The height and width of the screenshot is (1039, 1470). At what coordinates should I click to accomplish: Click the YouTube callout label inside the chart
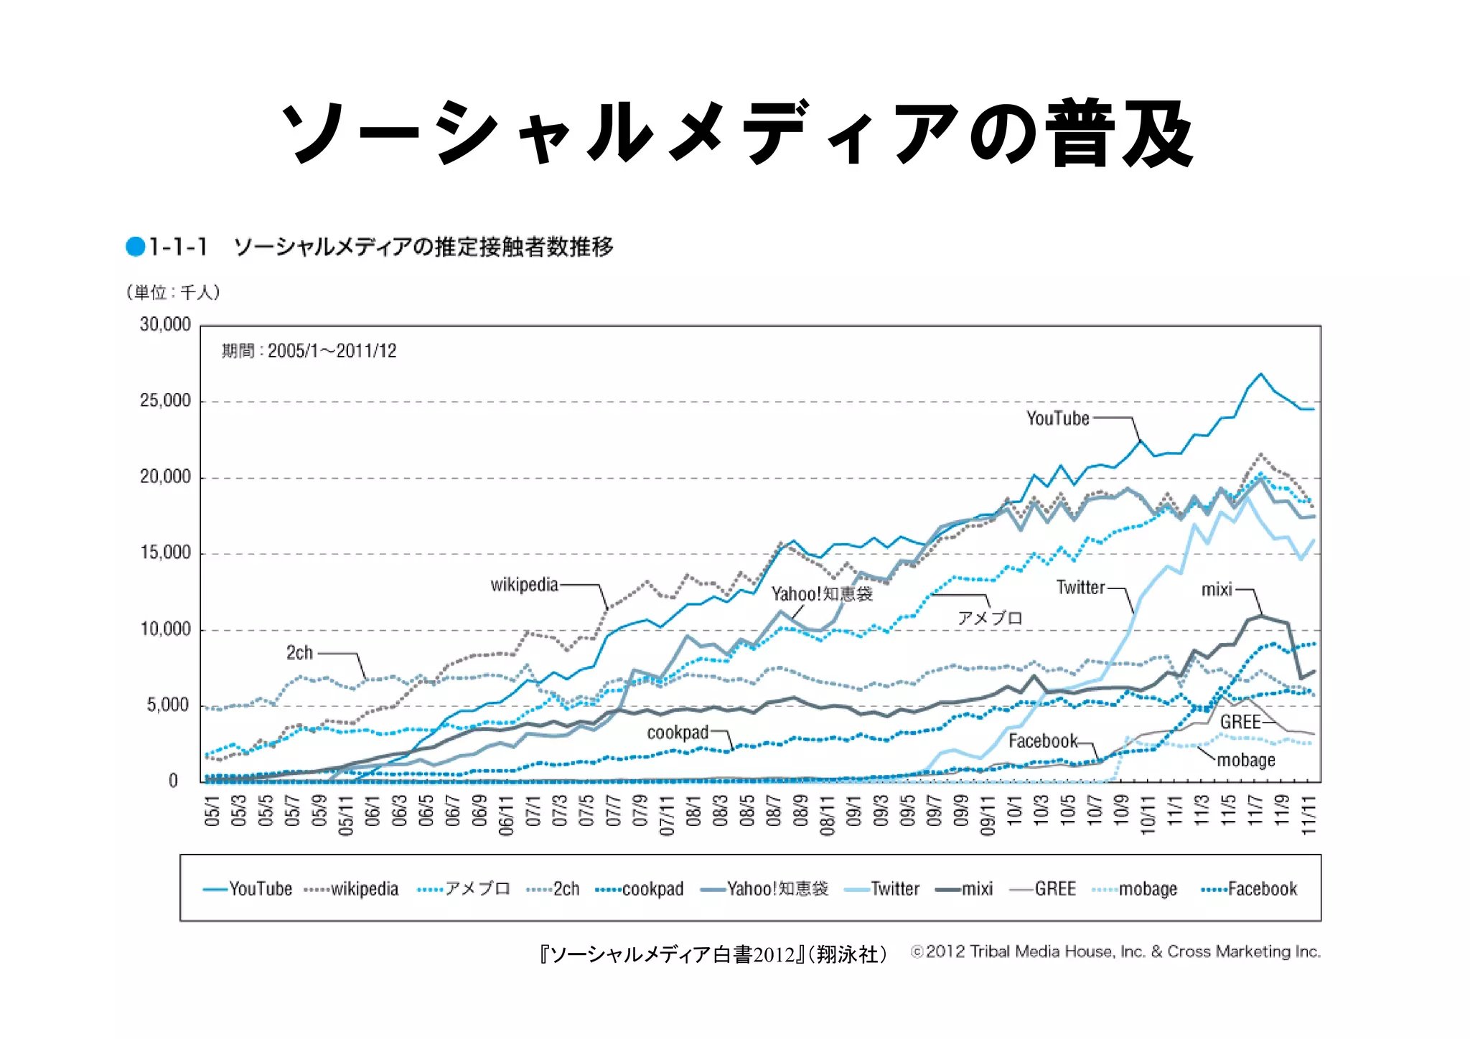pyautogui.click(x=1057, y=418)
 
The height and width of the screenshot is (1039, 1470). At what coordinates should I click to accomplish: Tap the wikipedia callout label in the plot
pyautogui.click(x=524, y=585)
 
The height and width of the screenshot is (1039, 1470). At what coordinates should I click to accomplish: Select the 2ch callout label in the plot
pyautogui.click(x=299, y=652)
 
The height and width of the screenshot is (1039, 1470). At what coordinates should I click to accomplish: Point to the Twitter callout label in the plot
pyautogui.click(x=1080, y=588)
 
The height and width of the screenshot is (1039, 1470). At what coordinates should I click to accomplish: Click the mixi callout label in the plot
pyautogui.click(x=1217, y=590)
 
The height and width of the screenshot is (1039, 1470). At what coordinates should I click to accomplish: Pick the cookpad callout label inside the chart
pyautogui.click(x=678, y=733)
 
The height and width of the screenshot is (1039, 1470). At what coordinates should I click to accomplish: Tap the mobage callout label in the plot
pyautogui.click(x=1246, y=760)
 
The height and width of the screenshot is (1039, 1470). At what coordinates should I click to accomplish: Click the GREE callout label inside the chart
pyautogui.click(x=1240, y=722)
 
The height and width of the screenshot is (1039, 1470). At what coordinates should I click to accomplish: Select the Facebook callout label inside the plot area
pyautogui.click(x=1043, y=741)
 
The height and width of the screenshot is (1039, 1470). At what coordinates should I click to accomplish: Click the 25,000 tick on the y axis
pyautogui.click(x=166, y=400)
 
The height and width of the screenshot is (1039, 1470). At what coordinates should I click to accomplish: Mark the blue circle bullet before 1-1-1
pyautogui.click(x=136, y=247)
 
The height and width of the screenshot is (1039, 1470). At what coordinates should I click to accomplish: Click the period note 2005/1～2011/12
pyautogui.click(x=309, y=351)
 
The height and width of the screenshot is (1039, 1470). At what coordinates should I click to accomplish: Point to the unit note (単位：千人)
pyautogui.click(x=173, y=292)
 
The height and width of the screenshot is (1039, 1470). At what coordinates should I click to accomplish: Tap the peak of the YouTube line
pyautogui.click(x=1260, y=374)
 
